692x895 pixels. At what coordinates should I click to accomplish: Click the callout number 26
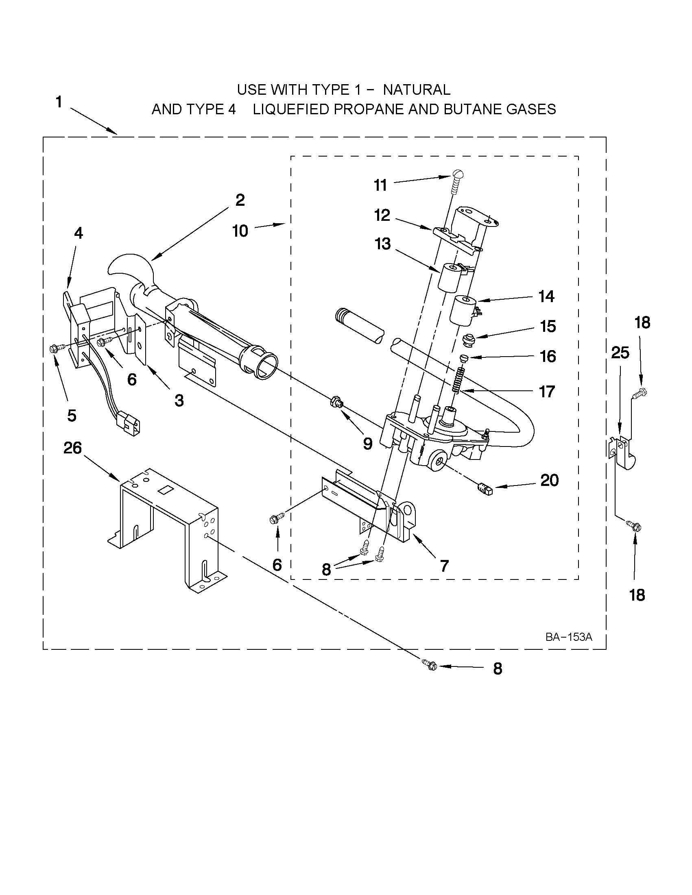(72, 448)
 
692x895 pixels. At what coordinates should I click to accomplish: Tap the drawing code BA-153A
(569, 637)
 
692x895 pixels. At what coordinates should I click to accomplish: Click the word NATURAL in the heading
(417, 89)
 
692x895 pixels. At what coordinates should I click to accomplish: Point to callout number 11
(380, 185)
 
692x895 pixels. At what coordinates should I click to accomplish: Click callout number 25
(620, 353)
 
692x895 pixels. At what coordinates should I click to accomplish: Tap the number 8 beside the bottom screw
(497, 669)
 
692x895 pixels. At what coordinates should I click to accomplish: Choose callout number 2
(240, 200)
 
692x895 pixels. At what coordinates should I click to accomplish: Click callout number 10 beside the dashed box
(240, 231)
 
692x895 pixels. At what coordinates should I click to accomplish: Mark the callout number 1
(59, 102)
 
